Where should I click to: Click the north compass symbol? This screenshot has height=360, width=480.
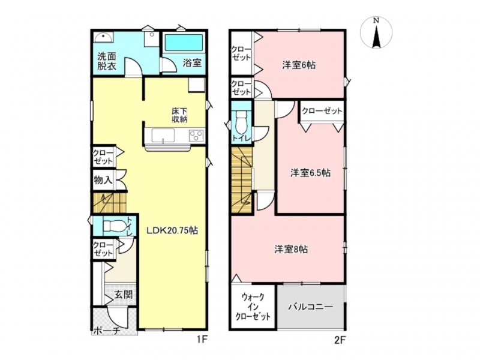point(376,33)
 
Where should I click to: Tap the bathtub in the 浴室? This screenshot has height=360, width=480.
point(184,43)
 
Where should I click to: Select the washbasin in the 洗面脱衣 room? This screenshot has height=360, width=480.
point(103,37)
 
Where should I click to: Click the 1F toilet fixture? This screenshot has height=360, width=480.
point(114,226)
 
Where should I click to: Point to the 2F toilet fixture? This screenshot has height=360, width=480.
point(242,121)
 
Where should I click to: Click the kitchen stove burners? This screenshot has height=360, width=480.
point(196,136)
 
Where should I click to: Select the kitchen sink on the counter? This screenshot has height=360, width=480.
point(163,136)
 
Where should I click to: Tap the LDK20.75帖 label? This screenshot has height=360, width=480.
point(172,230)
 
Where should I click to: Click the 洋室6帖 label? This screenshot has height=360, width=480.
point(299,65)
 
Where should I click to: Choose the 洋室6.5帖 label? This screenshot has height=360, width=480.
point(310,173)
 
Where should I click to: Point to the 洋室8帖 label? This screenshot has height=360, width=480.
point(291,250)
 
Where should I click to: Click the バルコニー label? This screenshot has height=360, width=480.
point(310,307)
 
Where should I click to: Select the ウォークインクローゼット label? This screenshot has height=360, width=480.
point(253,307)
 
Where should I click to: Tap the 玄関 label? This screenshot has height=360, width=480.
point(124,295)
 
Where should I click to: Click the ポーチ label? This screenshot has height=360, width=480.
point(107,331)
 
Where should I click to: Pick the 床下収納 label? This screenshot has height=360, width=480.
point(179,115)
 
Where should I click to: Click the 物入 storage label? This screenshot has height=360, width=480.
point(103,181)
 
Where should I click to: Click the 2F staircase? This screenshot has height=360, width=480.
point(242,181)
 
